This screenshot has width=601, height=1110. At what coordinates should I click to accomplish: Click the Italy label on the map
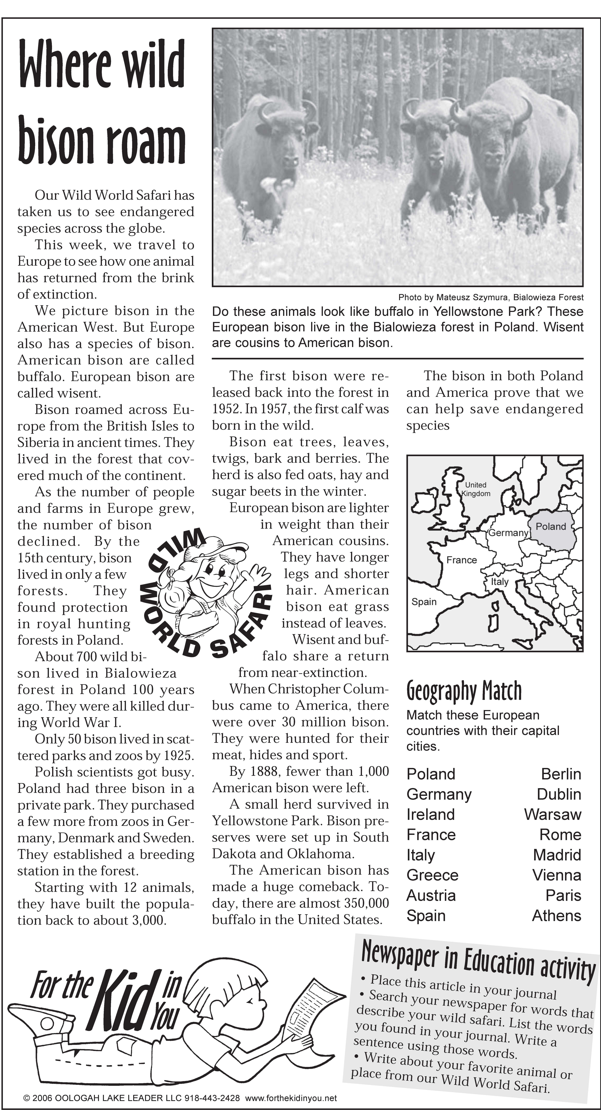click(x=500, y=582)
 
